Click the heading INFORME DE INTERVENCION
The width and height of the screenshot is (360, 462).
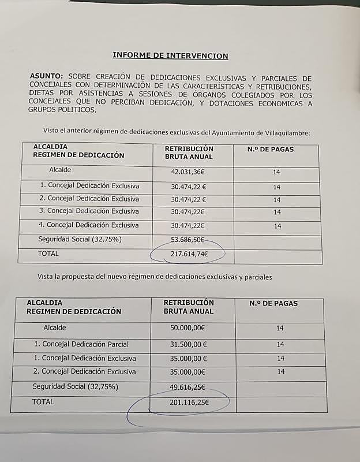click(170, 56)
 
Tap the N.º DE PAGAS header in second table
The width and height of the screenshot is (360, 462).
click(273, 304)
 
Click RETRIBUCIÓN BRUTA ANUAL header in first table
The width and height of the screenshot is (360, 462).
click(189, 152)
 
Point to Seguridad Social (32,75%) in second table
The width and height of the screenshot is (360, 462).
click(75, 386)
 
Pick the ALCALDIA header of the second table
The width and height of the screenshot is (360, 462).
click(44, 303)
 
